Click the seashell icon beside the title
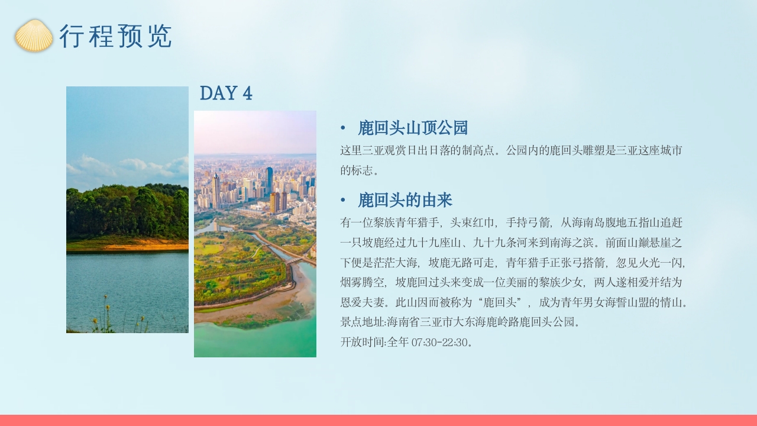[x=34, y=35]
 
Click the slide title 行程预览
[x=115, y=37]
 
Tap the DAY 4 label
[x=226, y=93]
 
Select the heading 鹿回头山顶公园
[x=413, y=128]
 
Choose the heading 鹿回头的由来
[x=405, y=201]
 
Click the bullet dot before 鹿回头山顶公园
[x=343, y=128]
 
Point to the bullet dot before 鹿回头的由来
[x=343, y=201]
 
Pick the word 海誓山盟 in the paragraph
[x=617, y=302]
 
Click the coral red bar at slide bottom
[x=378, y=420]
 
